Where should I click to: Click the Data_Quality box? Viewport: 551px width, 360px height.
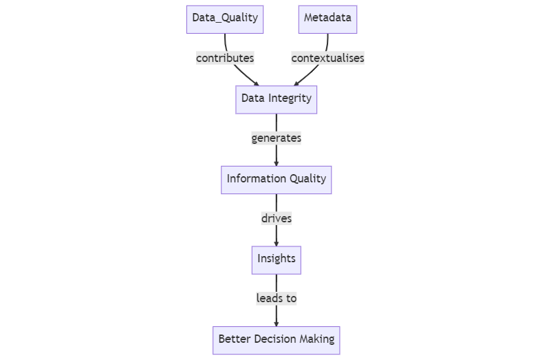[x=225, y=19]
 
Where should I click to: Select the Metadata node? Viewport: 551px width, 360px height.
[x=328, y=19]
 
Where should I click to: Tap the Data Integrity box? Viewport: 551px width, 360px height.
[x=276, y=99]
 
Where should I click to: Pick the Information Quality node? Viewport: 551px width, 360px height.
[x=276, y=180]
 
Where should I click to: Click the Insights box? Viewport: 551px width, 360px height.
[x=276, y=260]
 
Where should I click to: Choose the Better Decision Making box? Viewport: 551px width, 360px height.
[x=276, y=339]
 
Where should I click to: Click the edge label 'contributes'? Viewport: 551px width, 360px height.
[x=225, y=59]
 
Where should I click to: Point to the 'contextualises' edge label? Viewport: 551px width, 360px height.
[x=327, y=59]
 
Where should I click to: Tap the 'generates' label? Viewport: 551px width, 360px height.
[x=276, y=138]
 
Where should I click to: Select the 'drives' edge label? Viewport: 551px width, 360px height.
[x=276, y=219]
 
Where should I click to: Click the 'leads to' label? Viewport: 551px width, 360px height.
[x=276, y=299]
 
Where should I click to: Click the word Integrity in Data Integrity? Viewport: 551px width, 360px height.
[x=291, y=99]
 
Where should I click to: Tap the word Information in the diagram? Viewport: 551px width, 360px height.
[x=252, y=180]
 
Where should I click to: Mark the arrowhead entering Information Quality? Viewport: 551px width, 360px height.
[x=276, y=163]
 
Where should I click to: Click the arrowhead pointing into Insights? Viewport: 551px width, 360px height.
[x=276, y=243]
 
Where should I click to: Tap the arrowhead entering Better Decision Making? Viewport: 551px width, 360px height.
[x=276, y=323]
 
